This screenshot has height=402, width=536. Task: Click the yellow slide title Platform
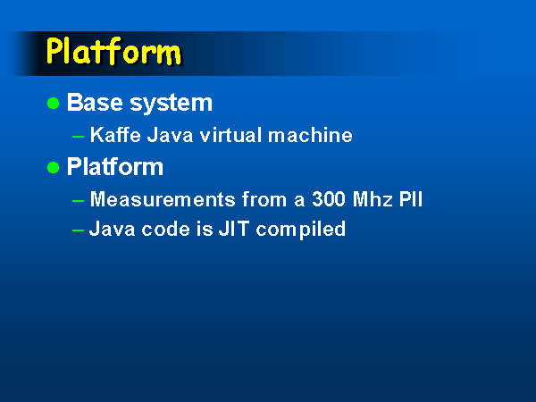pos(114,51)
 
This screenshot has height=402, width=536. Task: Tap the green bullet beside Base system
pos(54,103)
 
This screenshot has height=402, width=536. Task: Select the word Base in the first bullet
pos(95,102)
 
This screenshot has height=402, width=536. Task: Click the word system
pos(172,104)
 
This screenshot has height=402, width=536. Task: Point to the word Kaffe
pos(115,135)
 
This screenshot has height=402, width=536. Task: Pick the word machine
pos(310,135)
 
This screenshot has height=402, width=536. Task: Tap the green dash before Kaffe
pos(79,137)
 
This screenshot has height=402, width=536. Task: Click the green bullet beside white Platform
pos(54,168)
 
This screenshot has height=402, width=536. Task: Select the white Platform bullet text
pos(115,166)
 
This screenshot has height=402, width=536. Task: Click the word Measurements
pos(163,199)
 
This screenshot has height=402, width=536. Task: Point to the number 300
pos(329,199)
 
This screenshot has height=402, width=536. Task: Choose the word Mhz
pos(373,199)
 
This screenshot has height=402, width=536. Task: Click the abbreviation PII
pos(411,199)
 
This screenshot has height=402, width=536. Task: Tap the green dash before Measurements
pos(79,201)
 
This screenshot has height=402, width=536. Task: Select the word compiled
pos(301,230)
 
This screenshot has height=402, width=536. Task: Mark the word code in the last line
pos(166,229)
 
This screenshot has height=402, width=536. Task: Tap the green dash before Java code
pos(79,230)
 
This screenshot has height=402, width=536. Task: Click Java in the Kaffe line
pos(171,135)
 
